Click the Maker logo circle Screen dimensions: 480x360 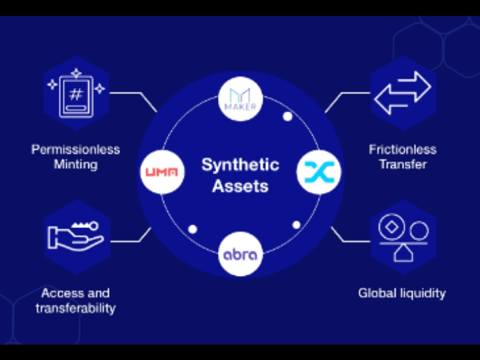click(x=240, y=99)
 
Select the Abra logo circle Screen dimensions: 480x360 click(x=240, y=255)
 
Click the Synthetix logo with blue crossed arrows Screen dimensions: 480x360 click(x=318, y=172)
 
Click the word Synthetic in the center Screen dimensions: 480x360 click(x=240, y=165)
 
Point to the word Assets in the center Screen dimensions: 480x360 click(x=240, y=186)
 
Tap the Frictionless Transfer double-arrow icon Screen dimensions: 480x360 click(x=403, y=95)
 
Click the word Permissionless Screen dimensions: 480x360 click(x=75, y=149)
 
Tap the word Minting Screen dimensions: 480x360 click(x=75, y=164)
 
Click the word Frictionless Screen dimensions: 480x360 click(x=403, y=149)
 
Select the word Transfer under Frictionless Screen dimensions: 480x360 click(x=403, y=164)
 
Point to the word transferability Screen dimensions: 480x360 click(x=75, y=308)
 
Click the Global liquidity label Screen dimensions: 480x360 click(x=402, y=293)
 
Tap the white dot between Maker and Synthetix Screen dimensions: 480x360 click(x=287, y=117)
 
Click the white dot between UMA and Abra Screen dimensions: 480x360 click(x=193, y=229)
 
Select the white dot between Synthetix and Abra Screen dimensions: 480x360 click(x=295, y=224)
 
